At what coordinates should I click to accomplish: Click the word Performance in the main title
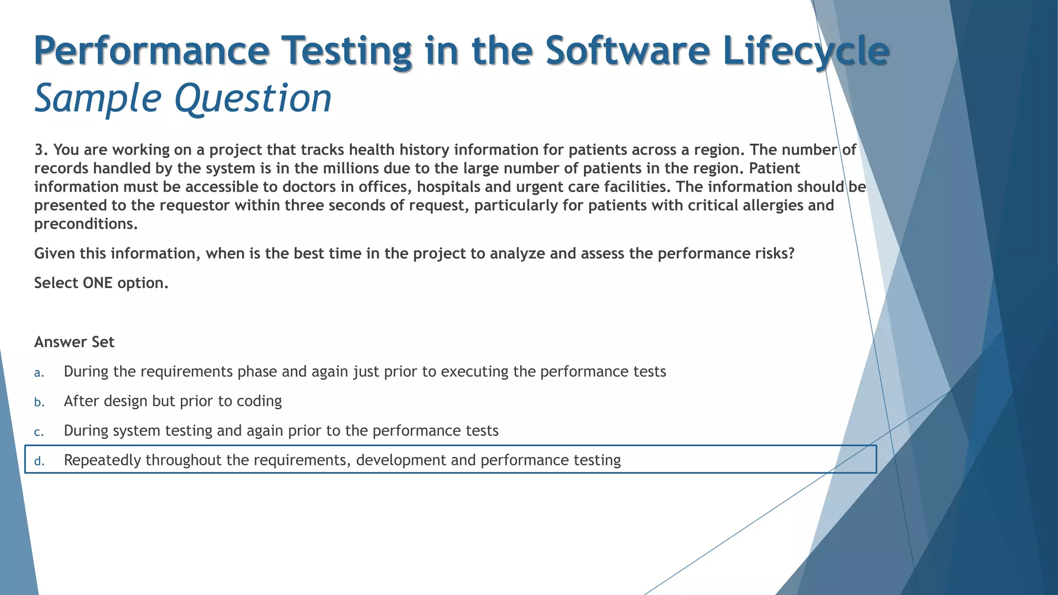(151, 51)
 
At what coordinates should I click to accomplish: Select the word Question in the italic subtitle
(253, 98)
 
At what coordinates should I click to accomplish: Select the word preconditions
(85, 224)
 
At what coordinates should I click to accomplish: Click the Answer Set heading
(74, 342)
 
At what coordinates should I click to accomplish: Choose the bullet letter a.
(39, 373)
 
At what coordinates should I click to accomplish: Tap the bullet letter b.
(39, 402)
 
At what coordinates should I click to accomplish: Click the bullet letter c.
(39, 432)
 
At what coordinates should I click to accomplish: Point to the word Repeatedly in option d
(102, 460)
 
